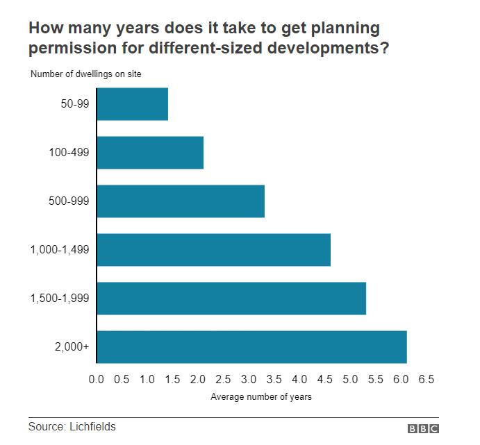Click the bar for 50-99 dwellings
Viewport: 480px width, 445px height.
[x=132, y=104]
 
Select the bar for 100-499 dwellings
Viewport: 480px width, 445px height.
[x=150, y=153]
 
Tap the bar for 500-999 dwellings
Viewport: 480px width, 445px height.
[x=181, y=201]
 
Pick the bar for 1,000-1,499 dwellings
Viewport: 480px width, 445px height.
[x=213, y=250]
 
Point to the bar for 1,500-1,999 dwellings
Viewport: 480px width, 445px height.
[x=231, y=299]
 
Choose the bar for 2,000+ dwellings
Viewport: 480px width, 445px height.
[x=251, y=347]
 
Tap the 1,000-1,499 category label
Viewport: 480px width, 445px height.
[x=60, y=251]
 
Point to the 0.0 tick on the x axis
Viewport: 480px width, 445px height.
[x=97, y=380]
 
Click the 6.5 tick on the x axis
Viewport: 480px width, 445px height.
[x=426, y=380]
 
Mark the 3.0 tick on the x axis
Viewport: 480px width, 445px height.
[x=249, y=380]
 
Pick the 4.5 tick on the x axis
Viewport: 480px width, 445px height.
[x=324, y=380]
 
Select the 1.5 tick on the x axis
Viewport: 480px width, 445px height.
[x=172, y=380]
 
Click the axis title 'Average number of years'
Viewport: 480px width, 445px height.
[x=260, y=397]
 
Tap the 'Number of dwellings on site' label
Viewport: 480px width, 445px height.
[x=86, y=74]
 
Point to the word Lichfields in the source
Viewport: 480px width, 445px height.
[x=91, y=426]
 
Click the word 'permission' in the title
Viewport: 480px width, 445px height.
[x=68, y=49]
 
